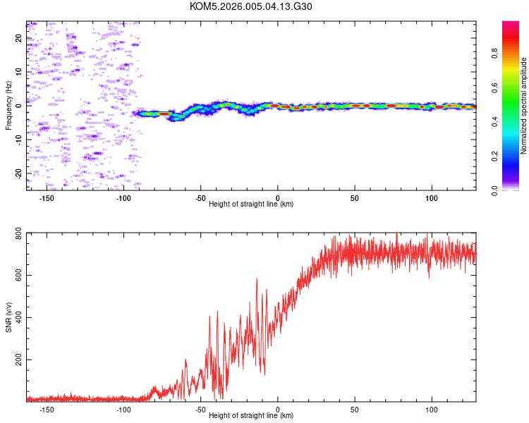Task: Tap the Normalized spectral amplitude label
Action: click(x=524, y=106)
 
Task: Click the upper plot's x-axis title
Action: click(x=251, y=204)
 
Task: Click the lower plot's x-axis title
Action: click(x=251, y=415)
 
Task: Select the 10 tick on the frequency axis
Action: click(x=19, y=72)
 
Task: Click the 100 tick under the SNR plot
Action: click(x=432, y=408)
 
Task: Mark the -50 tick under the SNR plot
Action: click(x=200, y=408)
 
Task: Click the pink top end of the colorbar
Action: click(x=511, y=25)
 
